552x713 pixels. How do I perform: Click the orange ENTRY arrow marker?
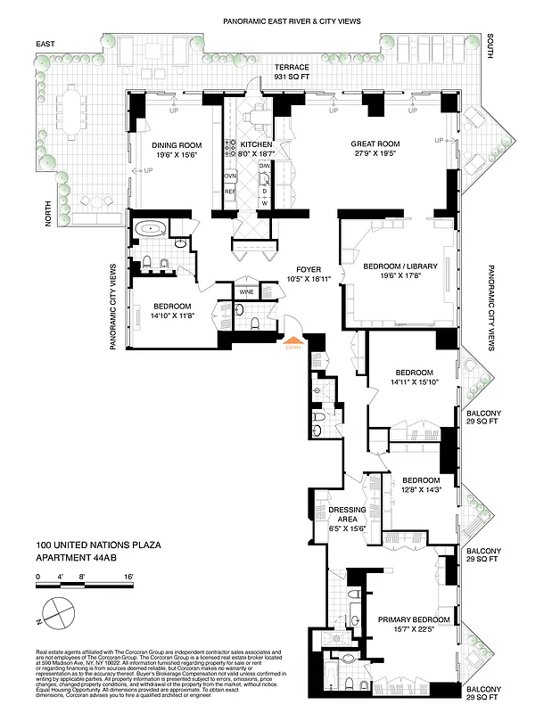pyautogui.click(x=291, y=340)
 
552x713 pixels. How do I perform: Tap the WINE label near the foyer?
pyautogui.click(x=246, y=291)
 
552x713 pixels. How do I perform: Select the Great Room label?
pyautogui.click(x=375, y=143)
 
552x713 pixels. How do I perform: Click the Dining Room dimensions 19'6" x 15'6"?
pyautogui.click(x=176, y=155)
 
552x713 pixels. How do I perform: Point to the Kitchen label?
pyautogui.click(x=256, y=144)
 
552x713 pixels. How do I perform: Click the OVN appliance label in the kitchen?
pyautogui.click(x=229, y=176)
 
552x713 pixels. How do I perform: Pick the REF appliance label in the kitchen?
pyautogui.click(x=229, y=191)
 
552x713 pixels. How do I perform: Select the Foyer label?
pyautogui.click(x=309, y=269)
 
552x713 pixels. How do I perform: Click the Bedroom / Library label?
pyautogui.click(x=400, y=265)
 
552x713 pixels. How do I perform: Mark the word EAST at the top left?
pyautogui.click(x=45, y=43)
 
